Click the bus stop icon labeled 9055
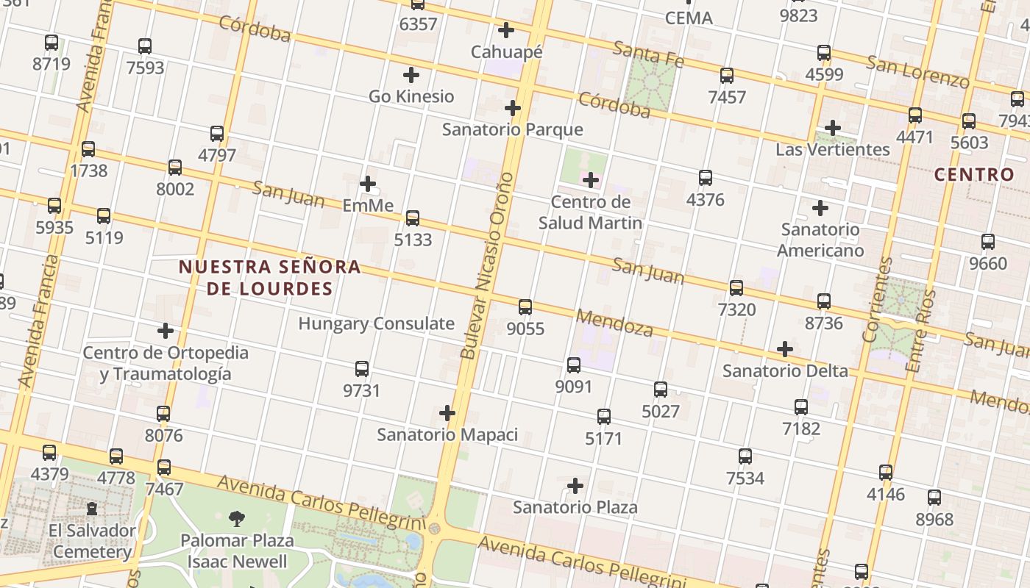click(x=525, y=307)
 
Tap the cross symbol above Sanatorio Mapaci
click(x=447, y=413)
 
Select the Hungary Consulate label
click(x=376, y=323)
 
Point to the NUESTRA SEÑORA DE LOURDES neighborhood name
click(x=270, y=278)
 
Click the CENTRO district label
click(x=974, y=175)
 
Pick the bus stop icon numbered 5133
click(x=413, y=218)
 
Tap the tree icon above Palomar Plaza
click(x=237, y=519)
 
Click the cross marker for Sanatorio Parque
click(x=513, y=109)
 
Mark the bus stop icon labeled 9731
click(x=362, y=369)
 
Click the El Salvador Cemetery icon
click(x=92, y=509)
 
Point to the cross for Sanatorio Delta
click(x=785, y=349)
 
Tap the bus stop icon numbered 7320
click(x=736, y=288)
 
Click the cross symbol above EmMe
click(x=368, y=184)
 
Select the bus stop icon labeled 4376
click(x=706, y=178)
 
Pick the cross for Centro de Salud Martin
click(x=590, y=180)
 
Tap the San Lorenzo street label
click(x=917, y=71)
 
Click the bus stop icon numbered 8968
click(x=934, y=498)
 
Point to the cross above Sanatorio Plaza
click(x=575, y=486)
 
